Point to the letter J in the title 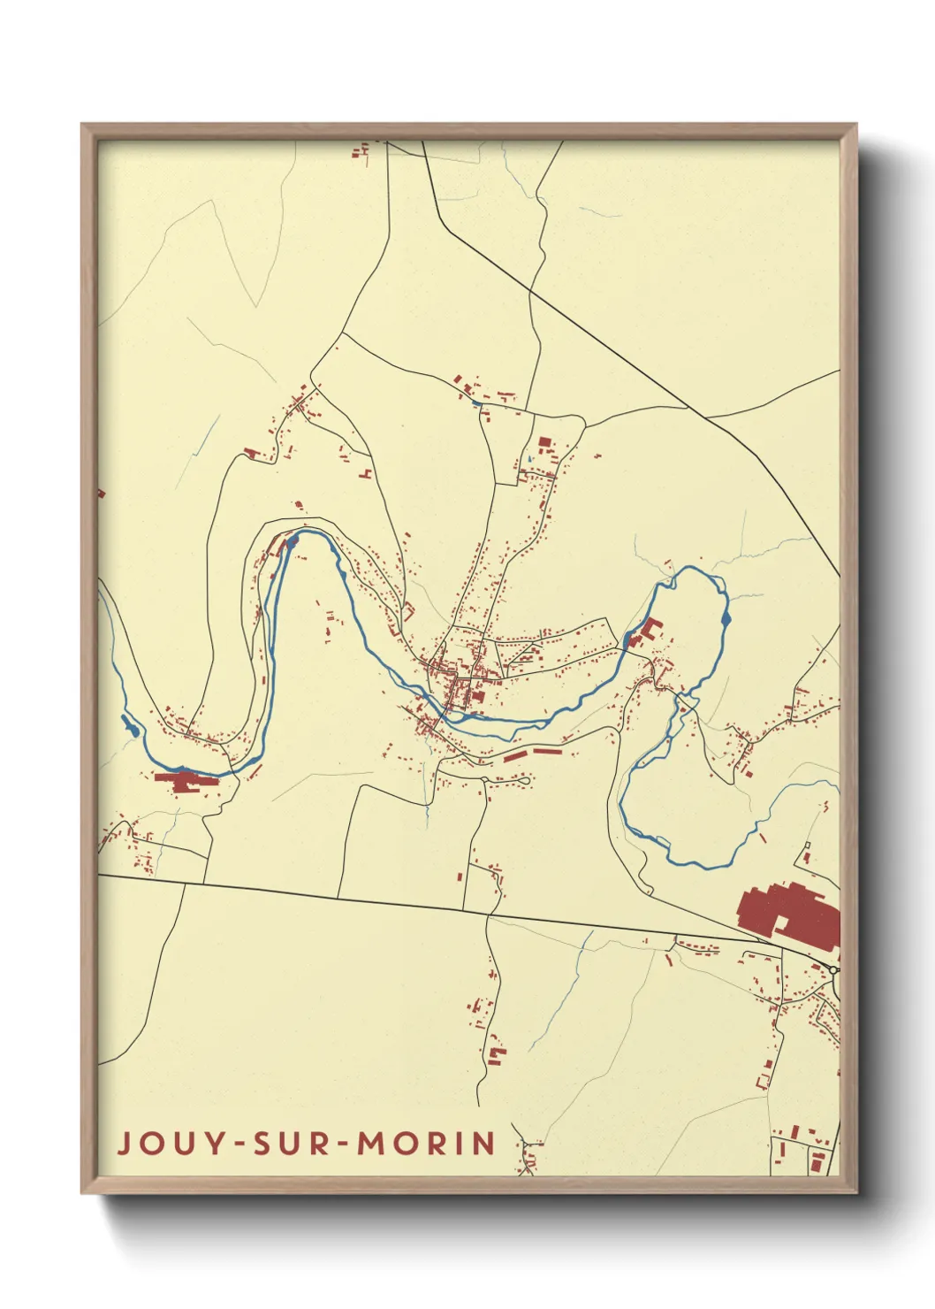(x=125, y=1143)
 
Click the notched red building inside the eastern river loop (x=650, y=630)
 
